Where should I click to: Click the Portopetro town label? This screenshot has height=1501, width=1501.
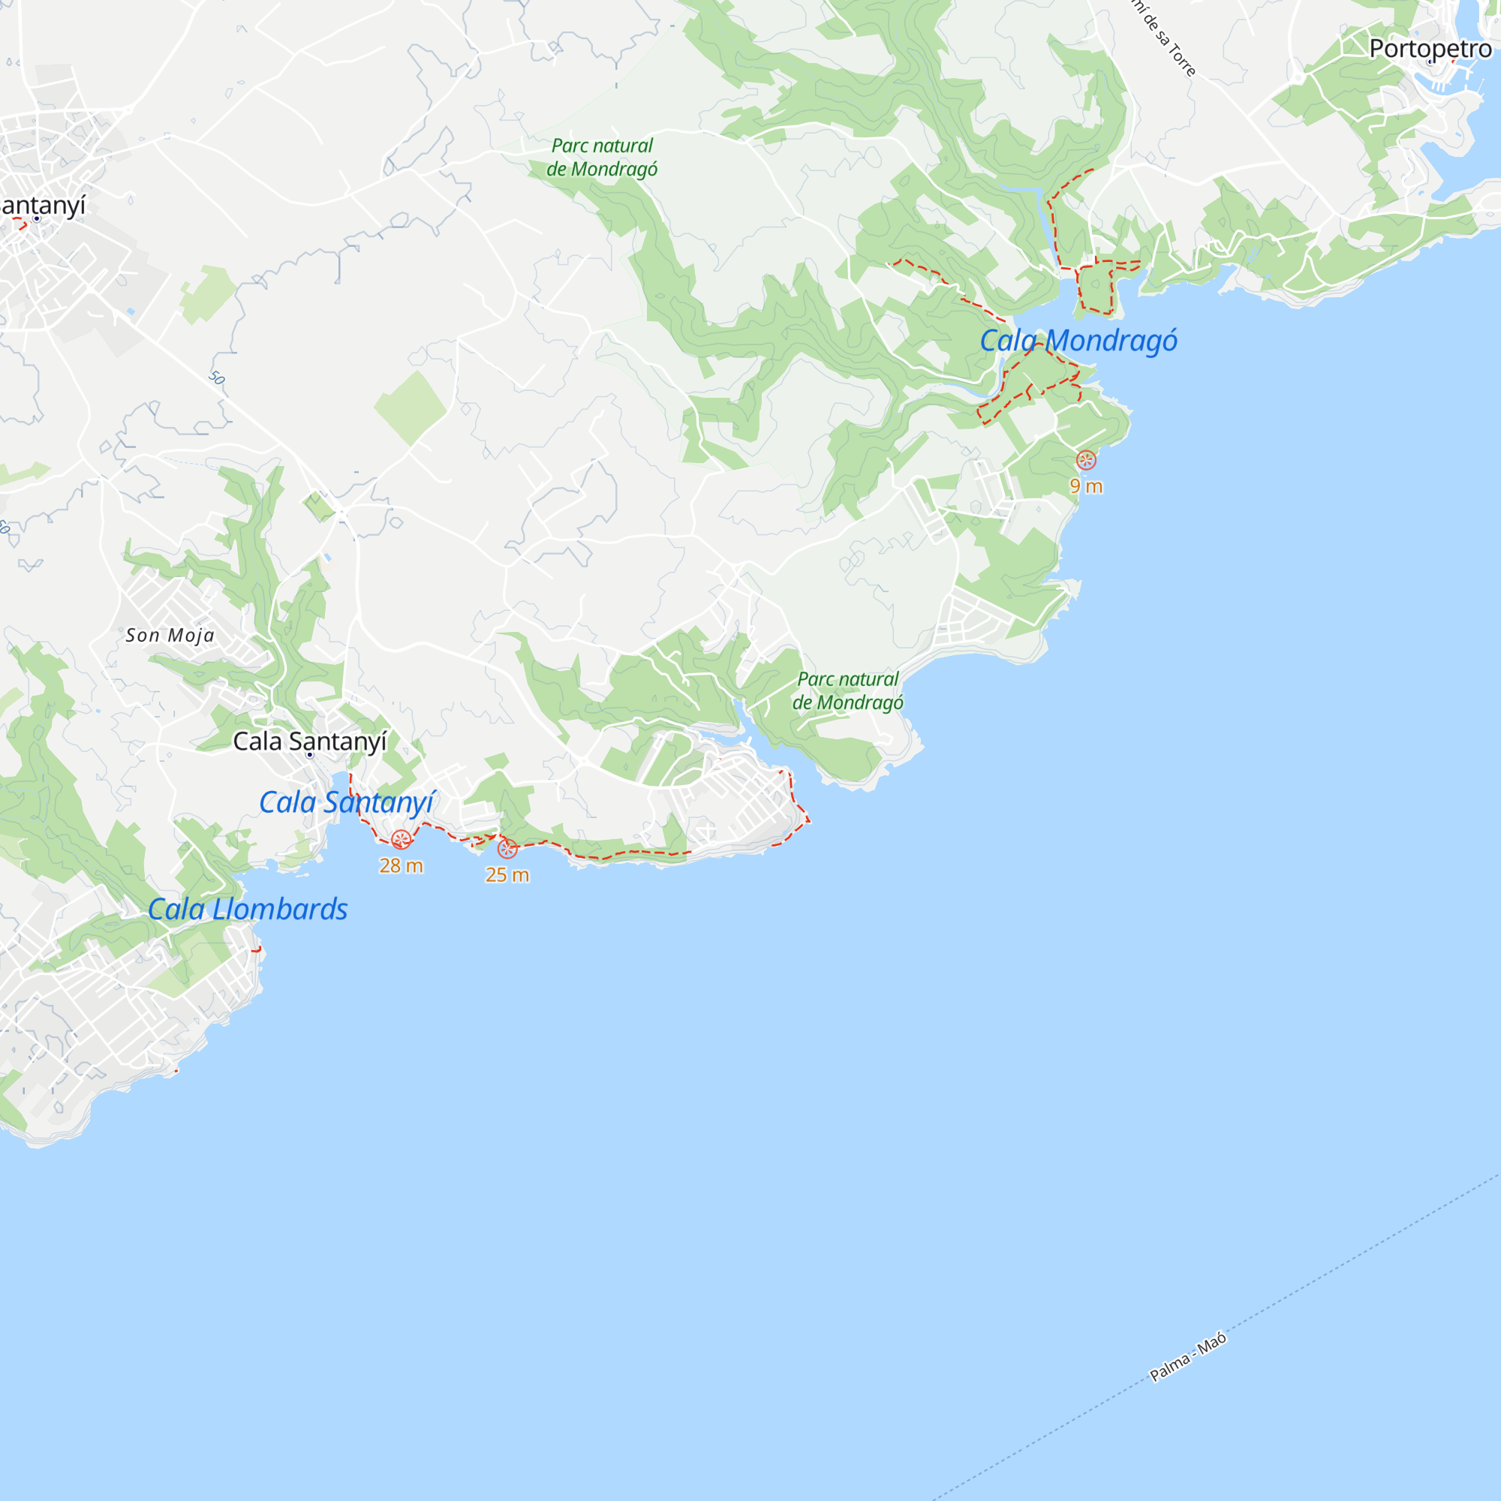point(1430,48)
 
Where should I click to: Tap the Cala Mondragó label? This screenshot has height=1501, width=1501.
point(1078,340)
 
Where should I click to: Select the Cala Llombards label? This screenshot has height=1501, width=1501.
point(248,909)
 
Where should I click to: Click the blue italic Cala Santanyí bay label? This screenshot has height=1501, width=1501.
point(347,802)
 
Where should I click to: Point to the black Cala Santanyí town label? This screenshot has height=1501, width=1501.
point(309,741)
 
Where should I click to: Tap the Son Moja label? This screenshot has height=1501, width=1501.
point(170,635)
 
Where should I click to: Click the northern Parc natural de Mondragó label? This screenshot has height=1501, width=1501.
point(602,157)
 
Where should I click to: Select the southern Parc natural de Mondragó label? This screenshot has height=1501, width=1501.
point(847,690)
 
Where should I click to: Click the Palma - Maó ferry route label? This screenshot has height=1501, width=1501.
point(1188,1356)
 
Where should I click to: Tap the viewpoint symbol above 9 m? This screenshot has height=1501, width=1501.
point(1086,460)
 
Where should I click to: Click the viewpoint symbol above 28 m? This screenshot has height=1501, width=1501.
point(401,839)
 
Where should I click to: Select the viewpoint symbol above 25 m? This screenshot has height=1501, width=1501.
point(507,848)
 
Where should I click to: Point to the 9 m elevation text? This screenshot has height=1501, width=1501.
point(1086,486)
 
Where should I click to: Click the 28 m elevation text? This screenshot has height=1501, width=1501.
point(401,865)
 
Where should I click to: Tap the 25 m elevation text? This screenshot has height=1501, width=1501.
point(507,875)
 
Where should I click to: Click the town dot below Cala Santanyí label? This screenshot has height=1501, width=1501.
point(309,754)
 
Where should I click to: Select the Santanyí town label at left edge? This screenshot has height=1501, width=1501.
point(42,205)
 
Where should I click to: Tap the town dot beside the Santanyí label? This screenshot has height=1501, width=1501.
point(37,218)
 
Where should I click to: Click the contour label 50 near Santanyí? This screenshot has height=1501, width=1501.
point(217,378)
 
